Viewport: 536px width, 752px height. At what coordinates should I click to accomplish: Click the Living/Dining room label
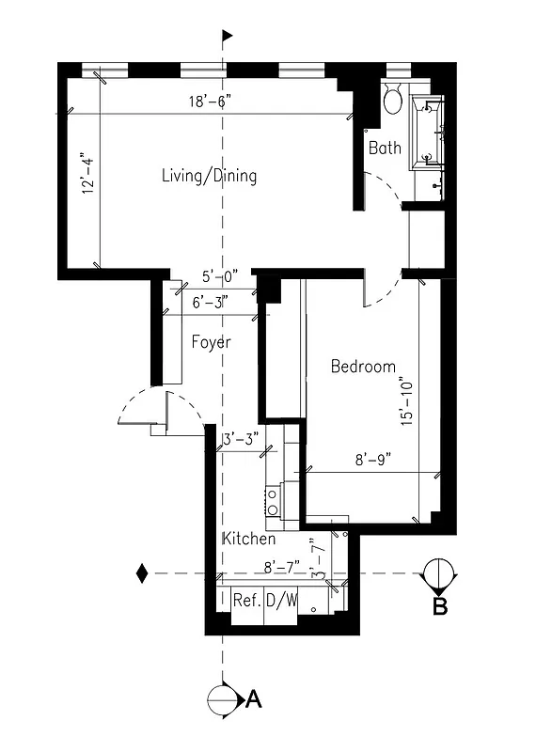(209, 176)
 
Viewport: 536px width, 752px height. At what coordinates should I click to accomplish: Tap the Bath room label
(385, 148)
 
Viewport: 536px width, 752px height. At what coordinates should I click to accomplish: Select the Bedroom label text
(363, 367)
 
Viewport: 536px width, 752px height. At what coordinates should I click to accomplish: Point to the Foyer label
(211, 342)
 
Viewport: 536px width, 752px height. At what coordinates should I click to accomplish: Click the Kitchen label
(248, 540)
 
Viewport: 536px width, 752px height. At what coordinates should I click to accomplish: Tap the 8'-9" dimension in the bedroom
(372, 460)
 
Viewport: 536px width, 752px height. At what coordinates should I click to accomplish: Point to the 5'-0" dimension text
(220, 276)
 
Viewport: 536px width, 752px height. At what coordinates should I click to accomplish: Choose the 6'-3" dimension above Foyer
(209, 303)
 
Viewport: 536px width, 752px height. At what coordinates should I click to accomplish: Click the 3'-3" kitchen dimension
(242, 439)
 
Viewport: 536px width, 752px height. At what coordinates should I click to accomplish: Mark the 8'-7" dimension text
(281, 567)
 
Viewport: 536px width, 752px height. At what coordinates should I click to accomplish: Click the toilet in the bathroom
(393, 98)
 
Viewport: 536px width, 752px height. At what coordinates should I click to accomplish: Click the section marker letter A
(253, 699)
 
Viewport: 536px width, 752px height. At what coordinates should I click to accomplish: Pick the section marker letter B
(439, 606)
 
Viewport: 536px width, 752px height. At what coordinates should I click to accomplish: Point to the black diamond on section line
(142, 572)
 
